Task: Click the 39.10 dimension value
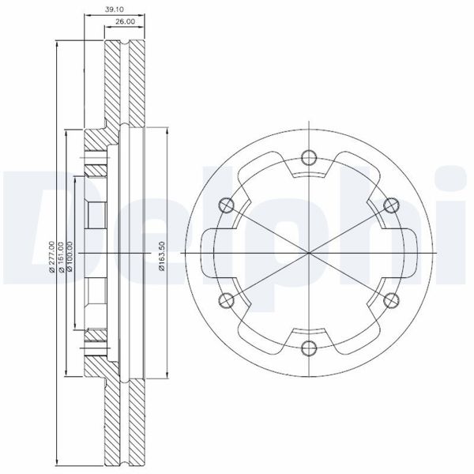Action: tap(115, 9)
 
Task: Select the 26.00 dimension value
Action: tap(125, 21)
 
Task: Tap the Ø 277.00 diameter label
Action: tap(51, 257)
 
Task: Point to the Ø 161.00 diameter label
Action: tap(61, 257)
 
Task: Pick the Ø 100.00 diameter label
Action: tap(70, 256)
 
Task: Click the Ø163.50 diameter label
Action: tap(162, 256)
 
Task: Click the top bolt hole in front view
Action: tap(309, 157)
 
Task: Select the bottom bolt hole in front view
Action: tap(309, 348)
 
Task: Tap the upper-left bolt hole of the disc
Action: tap(227, 205)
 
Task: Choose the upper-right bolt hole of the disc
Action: tap(391, 205)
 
